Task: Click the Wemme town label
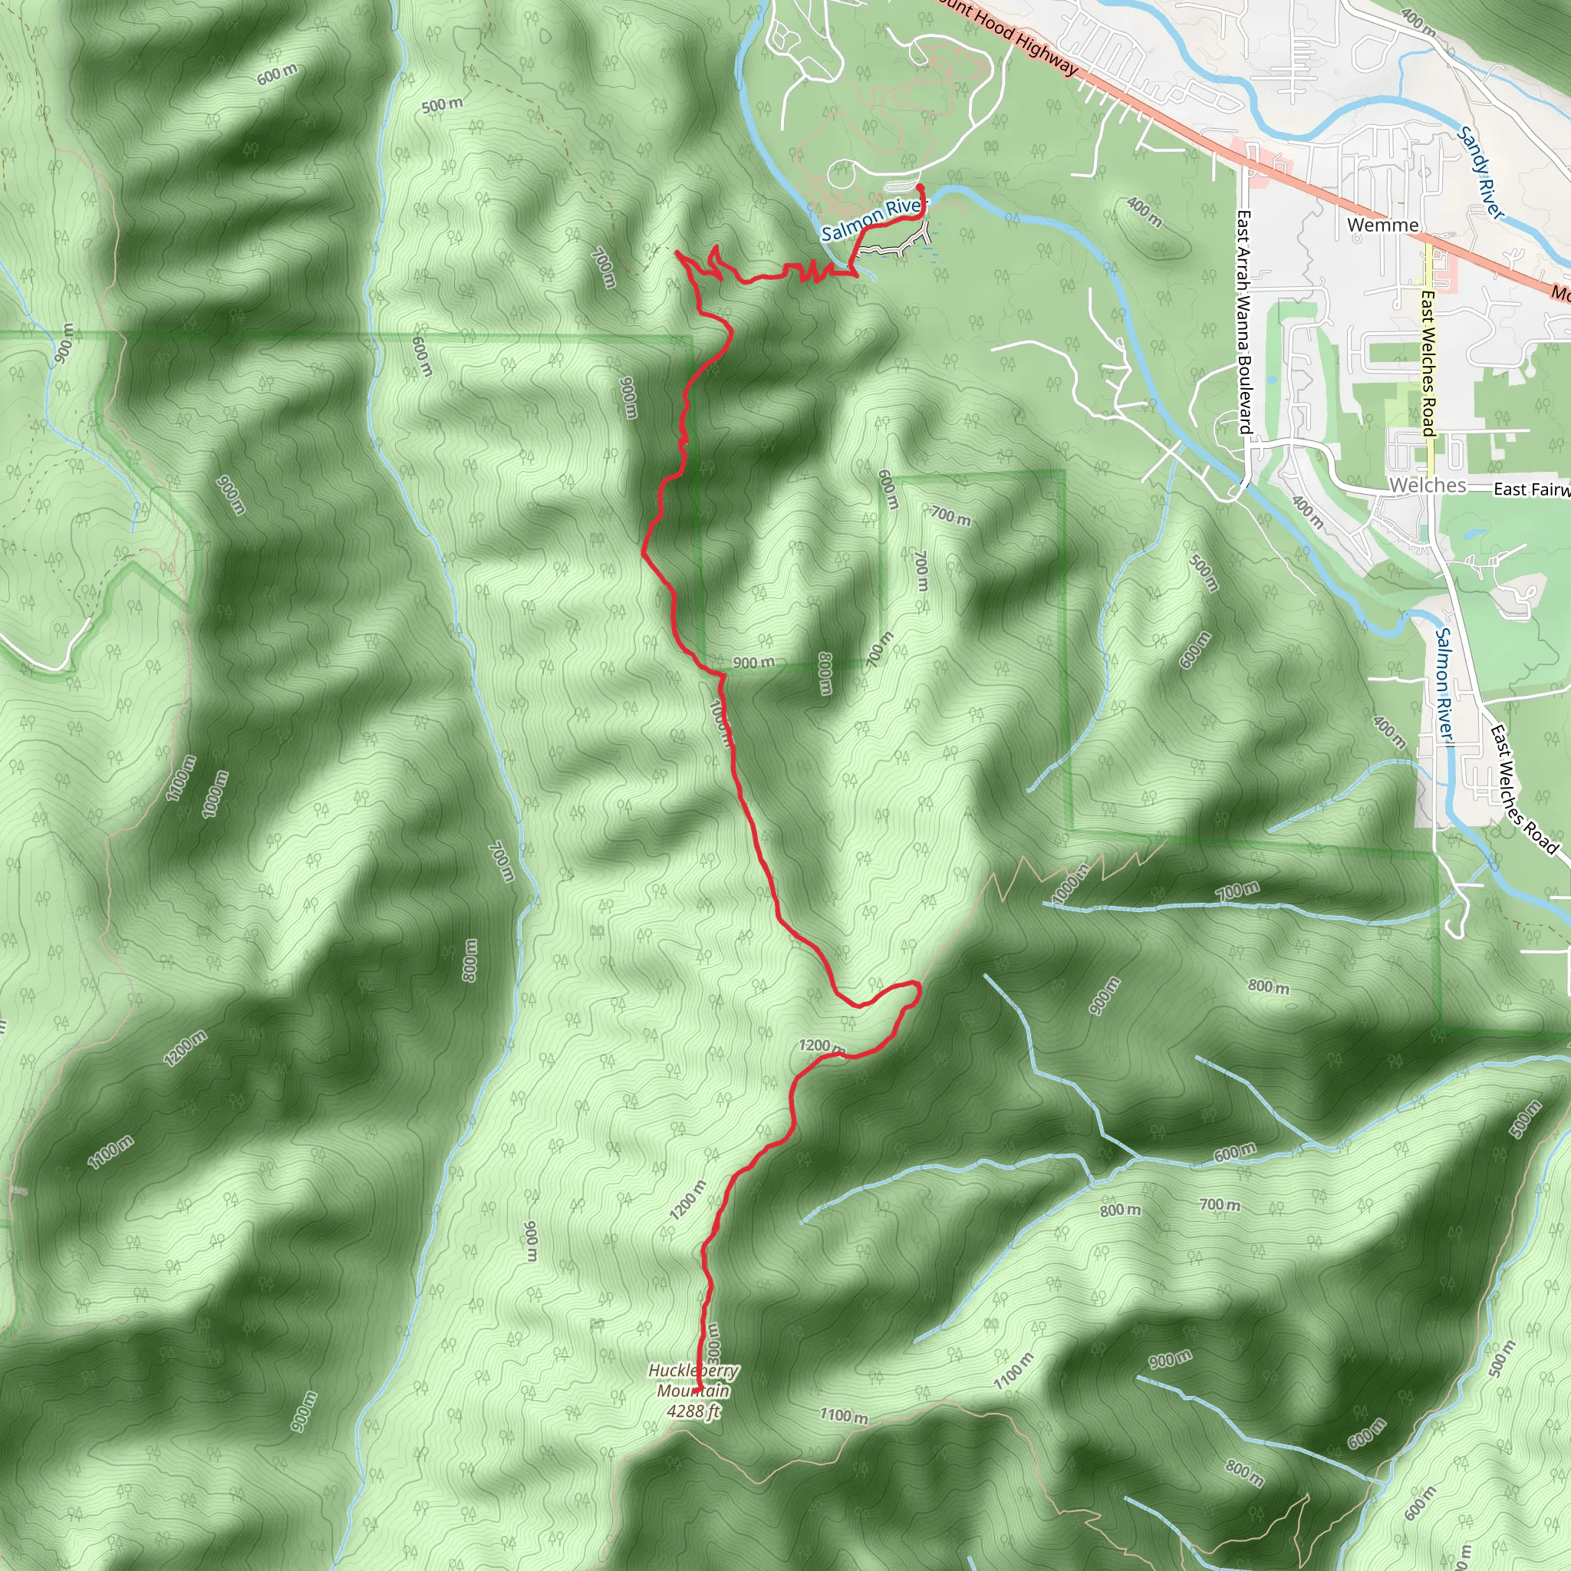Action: coord(1382,225)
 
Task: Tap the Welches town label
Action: coord(1427,486)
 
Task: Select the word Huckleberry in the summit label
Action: coord(693,1370)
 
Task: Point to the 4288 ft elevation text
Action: coord(693,1411)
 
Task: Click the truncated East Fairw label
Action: coord(1531,489)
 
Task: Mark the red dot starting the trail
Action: coord(920,188)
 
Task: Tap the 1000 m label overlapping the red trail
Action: coord(721,723)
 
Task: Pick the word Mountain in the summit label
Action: coord(693,1391)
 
